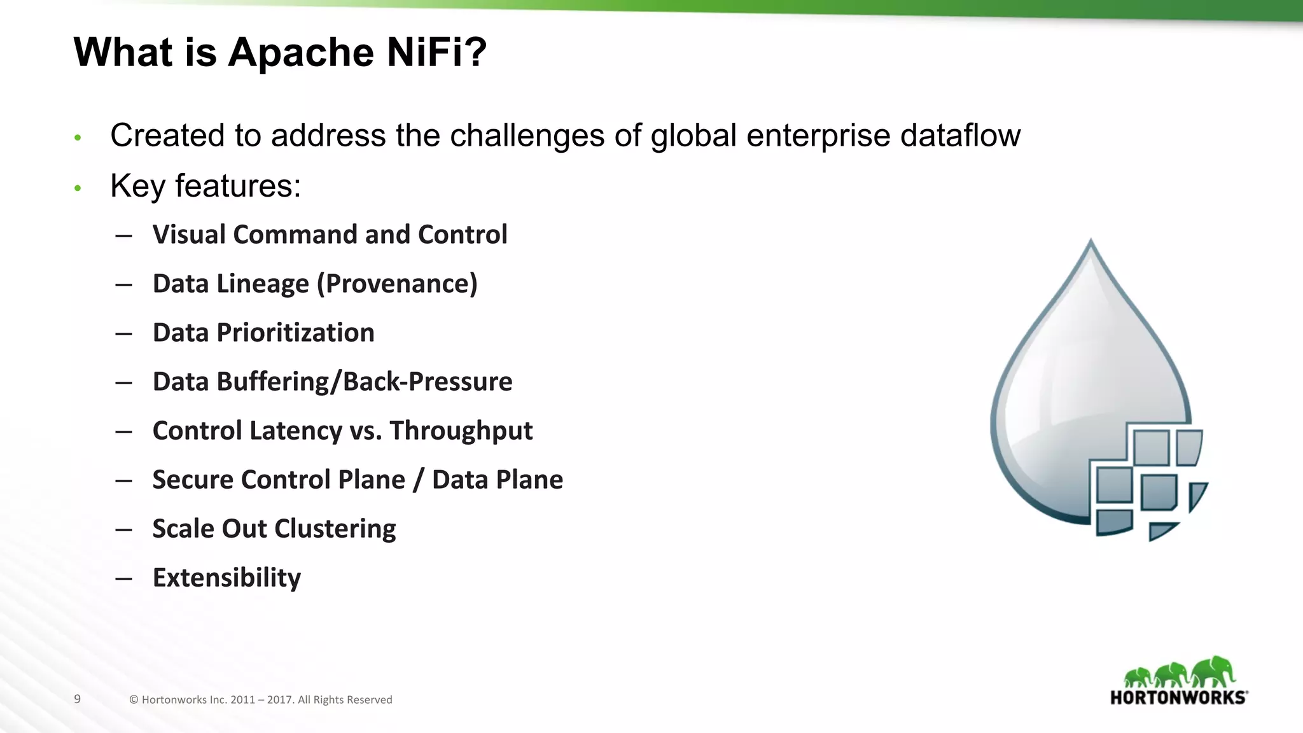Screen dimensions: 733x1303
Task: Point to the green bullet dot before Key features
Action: tap(78, 188)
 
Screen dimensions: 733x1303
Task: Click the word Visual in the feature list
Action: tap(188, 234)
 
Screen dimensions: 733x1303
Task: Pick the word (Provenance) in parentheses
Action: tap(397, 284)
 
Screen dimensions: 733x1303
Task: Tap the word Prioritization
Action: tap(295, 333)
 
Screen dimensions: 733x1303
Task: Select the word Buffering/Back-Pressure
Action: tap(364, 382)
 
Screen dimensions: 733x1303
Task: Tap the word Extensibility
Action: tap(226, 578)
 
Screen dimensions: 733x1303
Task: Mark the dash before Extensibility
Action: tap(123, 578)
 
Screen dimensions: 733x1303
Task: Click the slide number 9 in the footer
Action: tap(77, 699)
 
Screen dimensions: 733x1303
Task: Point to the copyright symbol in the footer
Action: tap(134, 700)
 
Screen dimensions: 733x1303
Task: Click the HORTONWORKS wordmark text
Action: tap(1178, 697)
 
